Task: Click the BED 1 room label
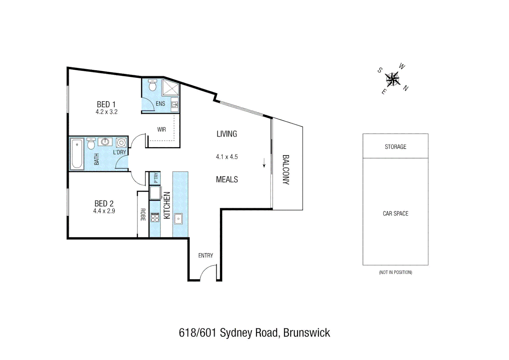pyautogui.click(x=106, y=104)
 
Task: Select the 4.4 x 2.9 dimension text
pyautogui.click(x=104, y=211)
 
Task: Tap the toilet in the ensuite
pyautogui.click(x=153, y=85)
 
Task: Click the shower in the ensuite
pyautogui.click(x=170, y=87)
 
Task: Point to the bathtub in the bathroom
pyautogui.click(x=77, y=154)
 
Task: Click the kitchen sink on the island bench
pyautogui.click(x=178, y=219)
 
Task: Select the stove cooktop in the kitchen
pyautogui.click(x=155, y=217)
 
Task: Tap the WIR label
pyautogui.click(x=162, y=129)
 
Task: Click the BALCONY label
pyautogui.click(x=285, y=170)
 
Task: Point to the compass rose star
pyautogui.click(x=393, y=79)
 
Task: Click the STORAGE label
pyautogui.click(x=395, y=147)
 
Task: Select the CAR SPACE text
pyautogui.click(x=395, y=214)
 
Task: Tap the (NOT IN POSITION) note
pyautogui.click(x=395, y=272)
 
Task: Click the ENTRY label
pyautogui.click(x=206, y=255)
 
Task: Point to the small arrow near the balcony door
pyautogui.click(x=264, y=163)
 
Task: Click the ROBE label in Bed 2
pyautogui.click(x=143, y=215)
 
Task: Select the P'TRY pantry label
pyautogui.click(x=156, y=178)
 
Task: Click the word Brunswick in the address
pyautogui.click(x=306, y=333)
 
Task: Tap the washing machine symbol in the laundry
pyautogui.click(x=121, y=143)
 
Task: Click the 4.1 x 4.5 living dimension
pyautogui.click(x=227, y=157)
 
